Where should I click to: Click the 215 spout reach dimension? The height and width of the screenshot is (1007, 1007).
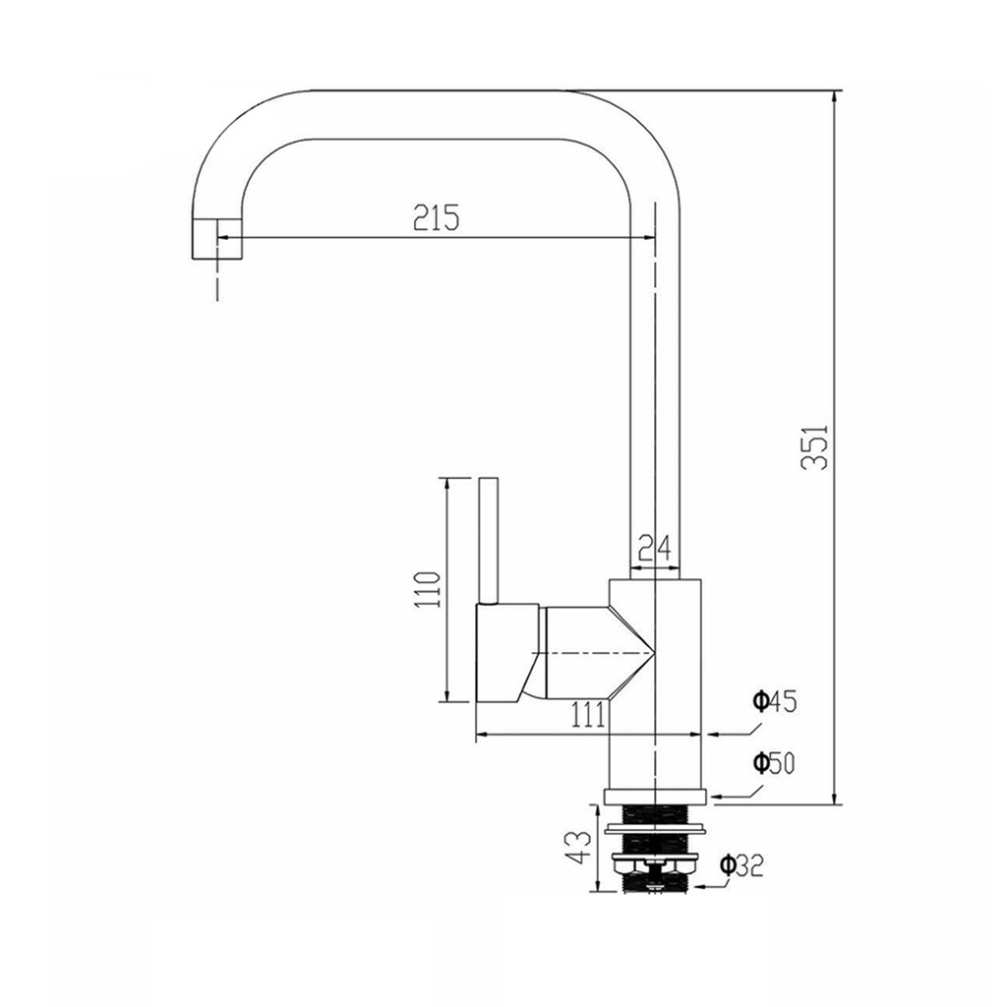(436, 217)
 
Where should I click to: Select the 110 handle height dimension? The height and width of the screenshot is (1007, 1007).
(427, 590)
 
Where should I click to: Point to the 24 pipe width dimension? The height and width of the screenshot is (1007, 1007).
(654, 548)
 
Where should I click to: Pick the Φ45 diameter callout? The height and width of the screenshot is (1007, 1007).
(775, 701)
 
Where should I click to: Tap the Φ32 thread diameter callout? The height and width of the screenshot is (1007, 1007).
(741, 865)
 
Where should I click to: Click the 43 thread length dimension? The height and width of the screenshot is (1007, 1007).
(576, 847)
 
